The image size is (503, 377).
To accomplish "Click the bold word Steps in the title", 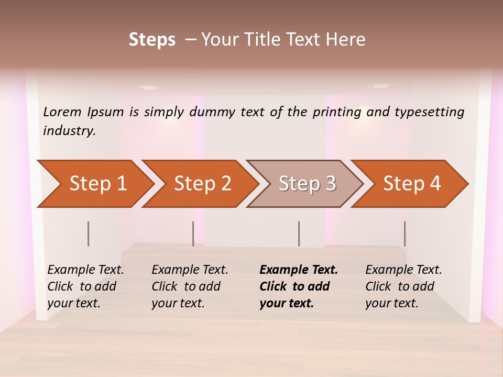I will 152,40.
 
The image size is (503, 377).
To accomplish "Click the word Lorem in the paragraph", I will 62,112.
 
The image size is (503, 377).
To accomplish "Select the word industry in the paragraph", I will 69,131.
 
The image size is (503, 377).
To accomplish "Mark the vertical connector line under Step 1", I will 89,234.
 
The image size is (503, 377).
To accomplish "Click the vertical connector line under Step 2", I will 193,234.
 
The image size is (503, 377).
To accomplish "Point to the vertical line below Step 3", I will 299,234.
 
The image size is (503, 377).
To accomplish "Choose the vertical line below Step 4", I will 405,234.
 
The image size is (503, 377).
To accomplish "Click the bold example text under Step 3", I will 298,286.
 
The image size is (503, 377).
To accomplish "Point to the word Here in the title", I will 348,40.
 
